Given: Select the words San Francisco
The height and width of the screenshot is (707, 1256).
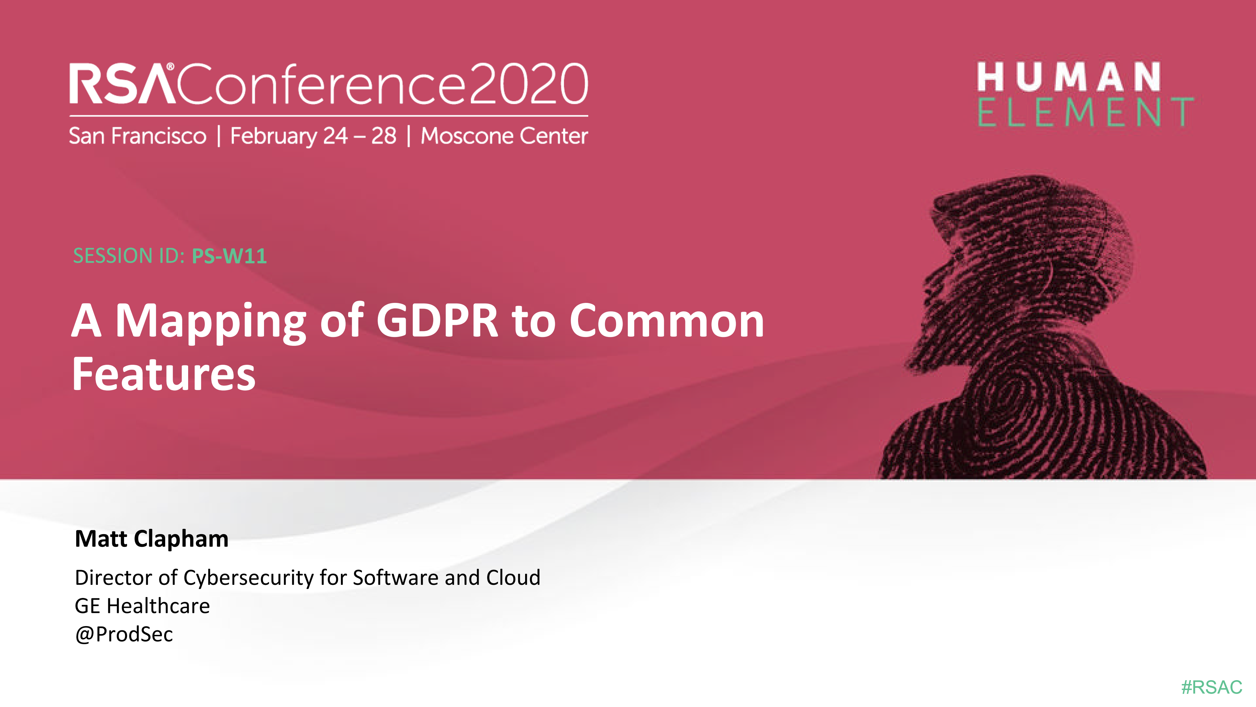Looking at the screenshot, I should point(137,136).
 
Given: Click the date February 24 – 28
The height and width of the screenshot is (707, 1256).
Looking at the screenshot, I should point(313,136).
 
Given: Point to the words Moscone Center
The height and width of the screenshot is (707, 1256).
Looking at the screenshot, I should point(504,136).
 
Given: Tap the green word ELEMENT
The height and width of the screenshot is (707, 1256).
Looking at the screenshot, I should point(1085,112).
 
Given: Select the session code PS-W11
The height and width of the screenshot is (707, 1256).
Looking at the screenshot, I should point(229,256).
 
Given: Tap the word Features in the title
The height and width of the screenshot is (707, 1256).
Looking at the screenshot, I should point(164,374).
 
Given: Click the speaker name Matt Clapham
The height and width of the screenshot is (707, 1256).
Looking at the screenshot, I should point(151,539).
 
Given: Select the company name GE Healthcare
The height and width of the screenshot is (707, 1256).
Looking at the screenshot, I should point(142,606).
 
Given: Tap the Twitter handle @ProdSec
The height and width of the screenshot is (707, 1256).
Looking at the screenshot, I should point(124,634).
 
